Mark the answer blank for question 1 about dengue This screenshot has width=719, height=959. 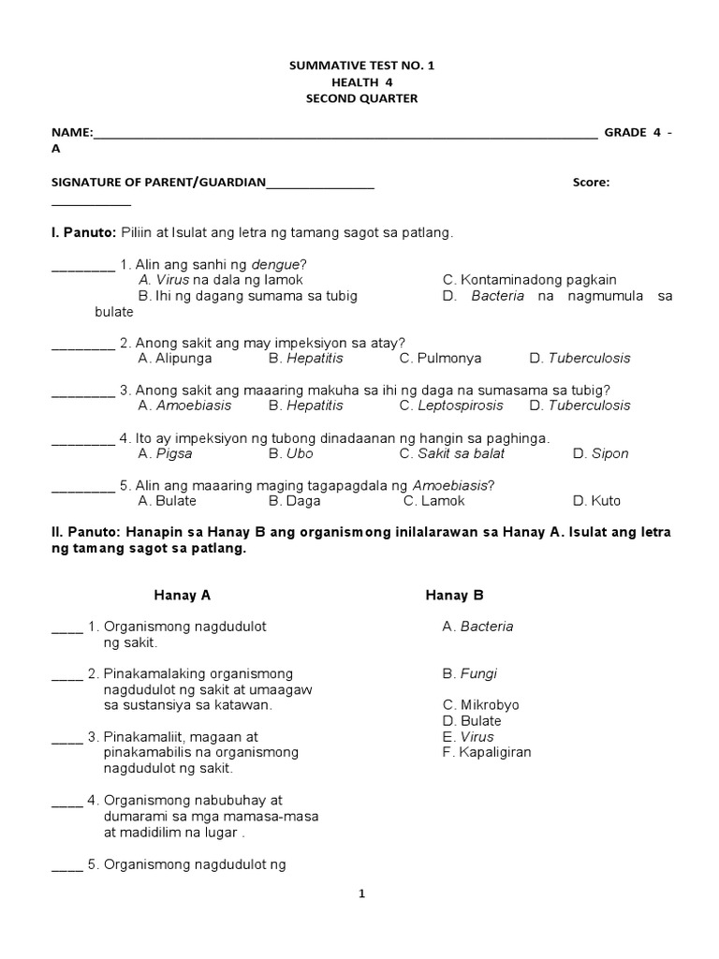pos(82,265)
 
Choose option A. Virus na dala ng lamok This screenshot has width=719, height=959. pos(220,280)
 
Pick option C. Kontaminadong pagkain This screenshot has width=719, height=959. pos(529,280)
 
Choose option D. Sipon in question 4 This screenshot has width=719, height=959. pos(600,453)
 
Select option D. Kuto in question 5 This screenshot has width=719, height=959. pos(596,501)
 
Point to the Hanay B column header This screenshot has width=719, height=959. pos(454,595)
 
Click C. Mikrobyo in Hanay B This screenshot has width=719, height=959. pos(480,704)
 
